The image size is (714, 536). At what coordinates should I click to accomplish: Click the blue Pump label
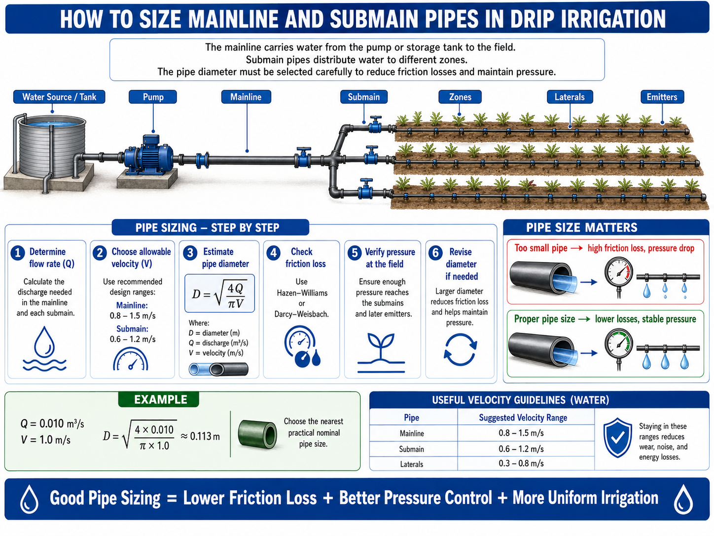[x=152, y=97]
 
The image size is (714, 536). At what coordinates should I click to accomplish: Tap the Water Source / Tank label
[x=59, y=97]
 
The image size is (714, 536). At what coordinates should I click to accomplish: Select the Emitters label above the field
[x=662, y=97]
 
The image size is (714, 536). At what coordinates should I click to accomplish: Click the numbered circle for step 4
[x=274, y=253]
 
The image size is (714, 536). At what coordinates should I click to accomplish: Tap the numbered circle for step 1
[x=18, y=253]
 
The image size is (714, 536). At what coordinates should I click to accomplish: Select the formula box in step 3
[x=219, y=294]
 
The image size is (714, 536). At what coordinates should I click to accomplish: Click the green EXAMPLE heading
[x=160, y=399]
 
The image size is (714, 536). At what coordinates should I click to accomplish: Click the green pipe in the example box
[x=257, y=434]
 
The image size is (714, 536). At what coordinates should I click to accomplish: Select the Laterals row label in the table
[x=411, y=464]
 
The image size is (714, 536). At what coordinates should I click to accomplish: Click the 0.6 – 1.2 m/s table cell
[x=521, y=449]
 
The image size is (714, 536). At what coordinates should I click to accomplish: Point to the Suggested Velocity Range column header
[x=523, y=418]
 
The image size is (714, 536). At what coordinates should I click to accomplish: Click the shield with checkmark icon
[x=617, y=438]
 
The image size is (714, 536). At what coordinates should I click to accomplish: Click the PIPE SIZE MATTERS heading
[x=582, y=228]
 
